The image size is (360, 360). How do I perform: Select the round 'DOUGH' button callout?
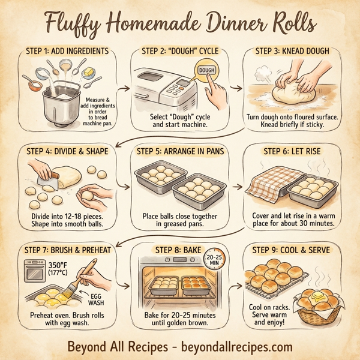206,70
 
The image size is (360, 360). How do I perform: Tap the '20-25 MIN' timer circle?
214,259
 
